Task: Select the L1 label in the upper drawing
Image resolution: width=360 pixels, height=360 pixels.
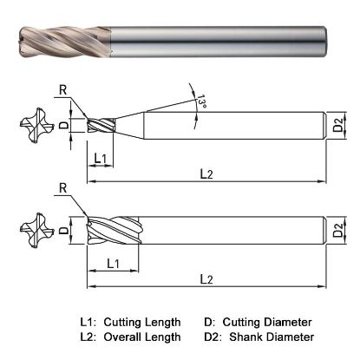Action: [100, 160]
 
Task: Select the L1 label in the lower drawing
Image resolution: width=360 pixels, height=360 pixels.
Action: [113, 262]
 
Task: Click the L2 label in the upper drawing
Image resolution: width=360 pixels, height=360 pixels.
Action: [206, 175]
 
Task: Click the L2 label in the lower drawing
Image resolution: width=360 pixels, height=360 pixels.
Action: [206, 278]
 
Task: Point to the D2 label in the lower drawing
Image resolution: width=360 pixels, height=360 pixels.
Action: [339, 232]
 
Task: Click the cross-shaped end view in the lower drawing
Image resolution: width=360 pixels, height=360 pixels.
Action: [31, 231]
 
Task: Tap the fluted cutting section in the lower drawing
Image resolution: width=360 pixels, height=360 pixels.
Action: [113, 231]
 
